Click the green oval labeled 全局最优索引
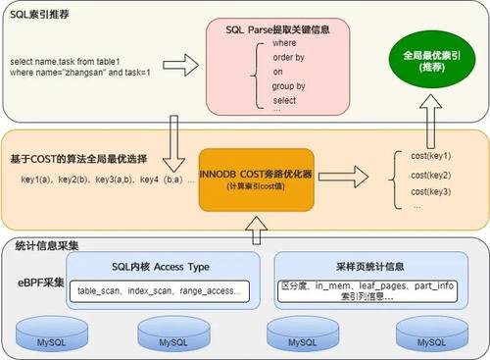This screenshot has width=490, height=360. (426, 61)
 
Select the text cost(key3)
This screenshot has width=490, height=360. (431, 191)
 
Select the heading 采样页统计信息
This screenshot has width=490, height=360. (351, 267)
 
